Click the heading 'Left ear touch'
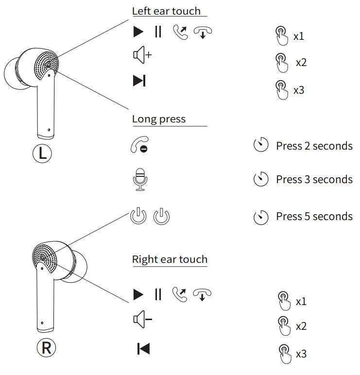tap(166, 11)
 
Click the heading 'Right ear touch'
tap(170, 259)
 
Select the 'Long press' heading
tap(159, 119)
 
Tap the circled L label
tap(43, 153)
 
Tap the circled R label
tap(47, 348)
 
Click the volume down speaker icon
tap(142, 319)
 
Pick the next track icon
tap(139, 81)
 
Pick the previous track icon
tap(143, 348)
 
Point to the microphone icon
tap(140, 179)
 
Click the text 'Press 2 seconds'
tap(314, 146)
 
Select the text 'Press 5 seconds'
tap(314, 217)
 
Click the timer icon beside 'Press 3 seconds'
tap(261, 179)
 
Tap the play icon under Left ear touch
tap(139, 32)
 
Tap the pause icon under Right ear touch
tap(158, 294)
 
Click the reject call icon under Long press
tap(139, 146)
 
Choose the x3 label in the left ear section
tap(299, 90)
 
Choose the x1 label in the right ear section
tap(301, 302)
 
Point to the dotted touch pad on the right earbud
tap(45, 256)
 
